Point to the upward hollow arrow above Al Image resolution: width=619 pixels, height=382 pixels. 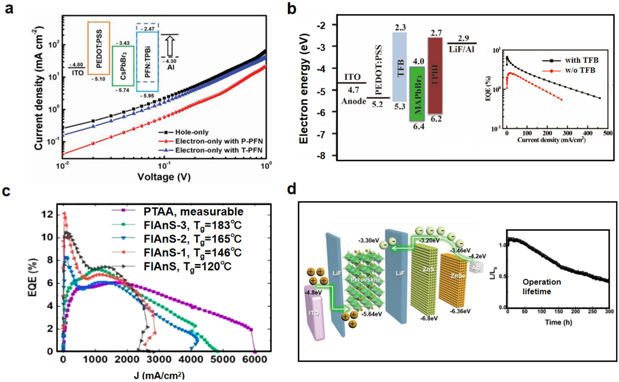pos(171,45)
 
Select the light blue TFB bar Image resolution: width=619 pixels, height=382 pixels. pos(400,67)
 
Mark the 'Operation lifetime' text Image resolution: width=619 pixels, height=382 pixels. pos(541,287)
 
